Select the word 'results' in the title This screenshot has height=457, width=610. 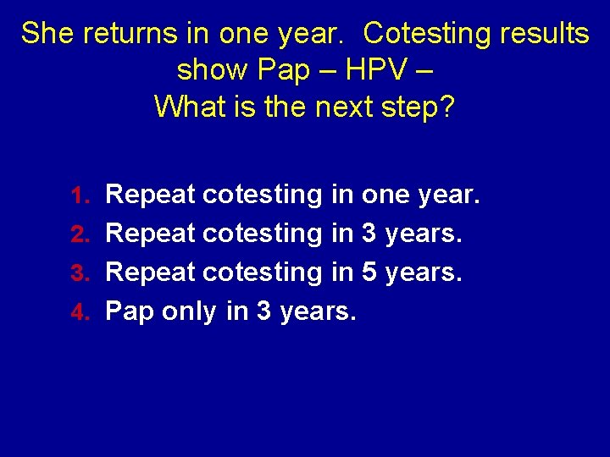[543, 34]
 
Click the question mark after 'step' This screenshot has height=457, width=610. [447, 107]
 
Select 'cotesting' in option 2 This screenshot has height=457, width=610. [263, 234]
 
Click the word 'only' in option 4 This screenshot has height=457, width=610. [188, 312]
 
